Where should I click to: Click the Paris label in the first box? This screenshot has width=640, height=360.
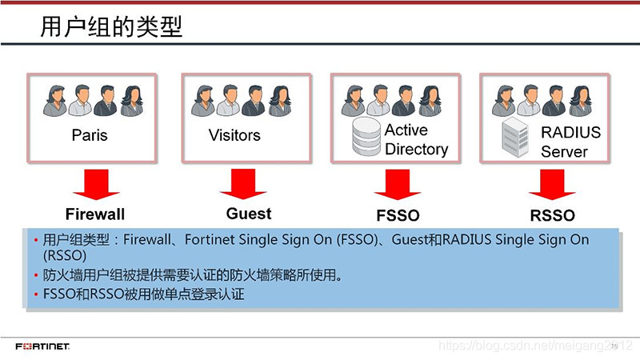click(x=90, y=134)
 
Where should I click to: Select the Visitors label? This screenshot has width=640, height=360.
click(x=234, y=134)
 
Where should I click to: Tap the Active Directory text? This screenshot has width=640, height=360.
click(x=416, y=139)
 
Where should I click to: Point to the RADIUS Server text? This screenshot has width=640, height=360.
click(x=570, y=142)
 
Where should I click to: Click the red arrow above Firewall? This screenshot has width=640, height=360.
click(x=95, y=185)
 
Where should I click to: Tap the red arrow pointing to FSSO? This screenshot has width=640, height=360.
click(x=397, y=185)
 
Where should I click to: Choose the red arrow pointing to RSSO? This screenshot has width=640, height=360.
click(x=552, y=185)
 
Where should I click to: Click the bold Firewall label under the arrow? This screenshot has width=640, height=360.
click(x=95, y=214)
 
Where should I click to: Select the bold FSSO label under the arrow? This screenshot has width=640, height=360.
click(x=398, y=215)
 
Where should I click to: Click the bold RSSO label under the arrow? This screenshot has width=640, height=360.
click(x=552, y=215)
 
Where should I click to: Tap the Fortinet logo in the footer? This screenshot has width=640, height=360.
click(x=42, y=346)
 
